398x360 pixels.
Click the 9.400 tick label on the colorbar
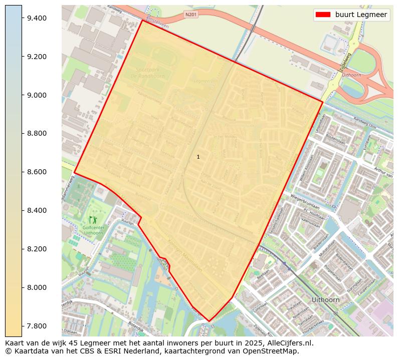37,18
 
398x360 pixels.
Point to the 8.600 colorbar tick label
37,172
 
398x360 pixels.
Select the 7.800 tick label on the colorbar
37,326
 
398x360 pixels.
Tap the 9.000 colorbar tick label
37,95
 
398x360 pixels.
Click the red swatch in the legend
323,15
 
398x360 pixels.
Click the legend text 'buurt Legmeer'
361,15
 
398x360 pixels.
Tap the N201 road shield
191,15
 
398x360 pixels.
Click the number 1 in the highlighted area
198,157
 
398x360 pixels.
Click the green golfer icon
93,219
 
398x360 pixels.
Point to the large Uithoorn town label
325,300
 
